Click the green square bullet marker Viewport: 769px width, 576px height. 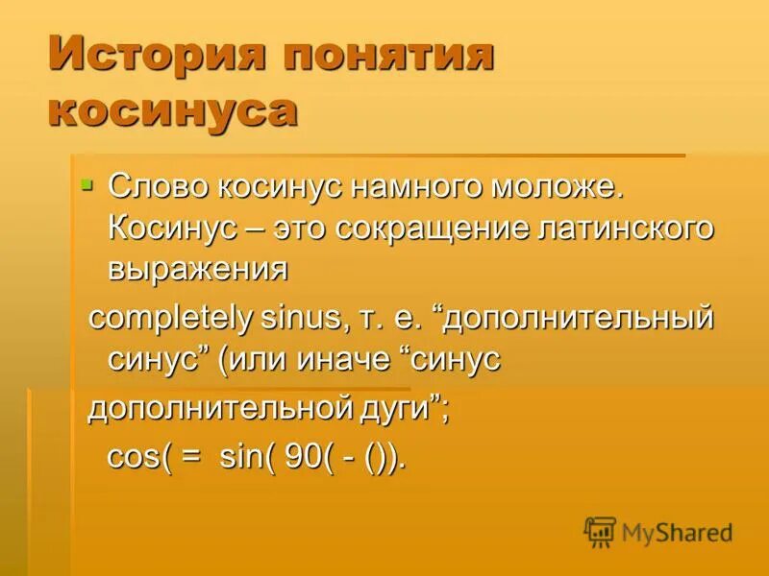[87, 182]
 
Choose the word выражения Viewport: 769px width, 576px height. [197, 270]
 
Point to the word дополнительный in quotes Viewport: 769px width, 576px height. [582, 318]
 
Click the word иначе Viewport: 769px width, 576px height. [357, 360]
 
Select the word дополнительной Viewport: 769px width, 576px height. [202, 408]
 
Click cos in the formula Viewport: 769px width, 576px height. [124, 457]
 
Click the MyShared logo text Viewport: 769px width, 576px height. [677, 532]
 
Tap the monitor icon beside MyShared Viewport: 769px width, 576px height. [600, 531]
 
